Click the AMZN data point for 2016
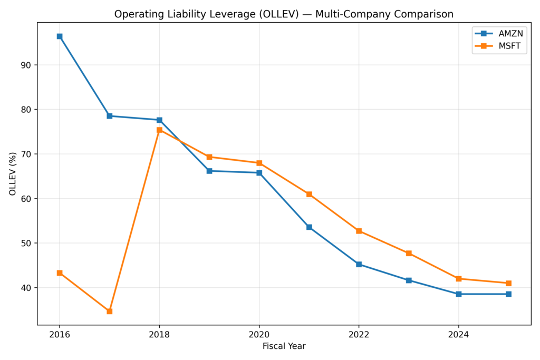(x=60, y=36)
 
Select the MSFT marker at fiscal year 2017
(x=109, y=312)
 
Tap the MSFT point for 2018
(x=159, y=130)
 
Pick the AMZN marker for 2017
(x=109, y=116)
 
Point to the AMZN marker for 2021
(x=309, y=227)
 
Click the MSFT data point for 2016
(x=60, y=273)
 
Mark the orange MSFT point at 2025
(x=508, y=283)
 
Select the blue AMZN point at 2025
(x=508, y=294)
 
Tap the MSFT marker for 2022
(x=359, y=231)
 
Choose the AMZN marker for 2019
(x=209, y=171)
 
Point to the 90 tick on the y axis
(x=26, y=65)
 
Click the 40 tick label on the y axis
(x=26, y=288)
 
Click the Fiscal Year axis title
(x=284, y=346)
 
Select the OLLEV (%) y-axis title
(x=13, y=174)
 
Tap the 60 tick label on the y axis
(x=26, y=199)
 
